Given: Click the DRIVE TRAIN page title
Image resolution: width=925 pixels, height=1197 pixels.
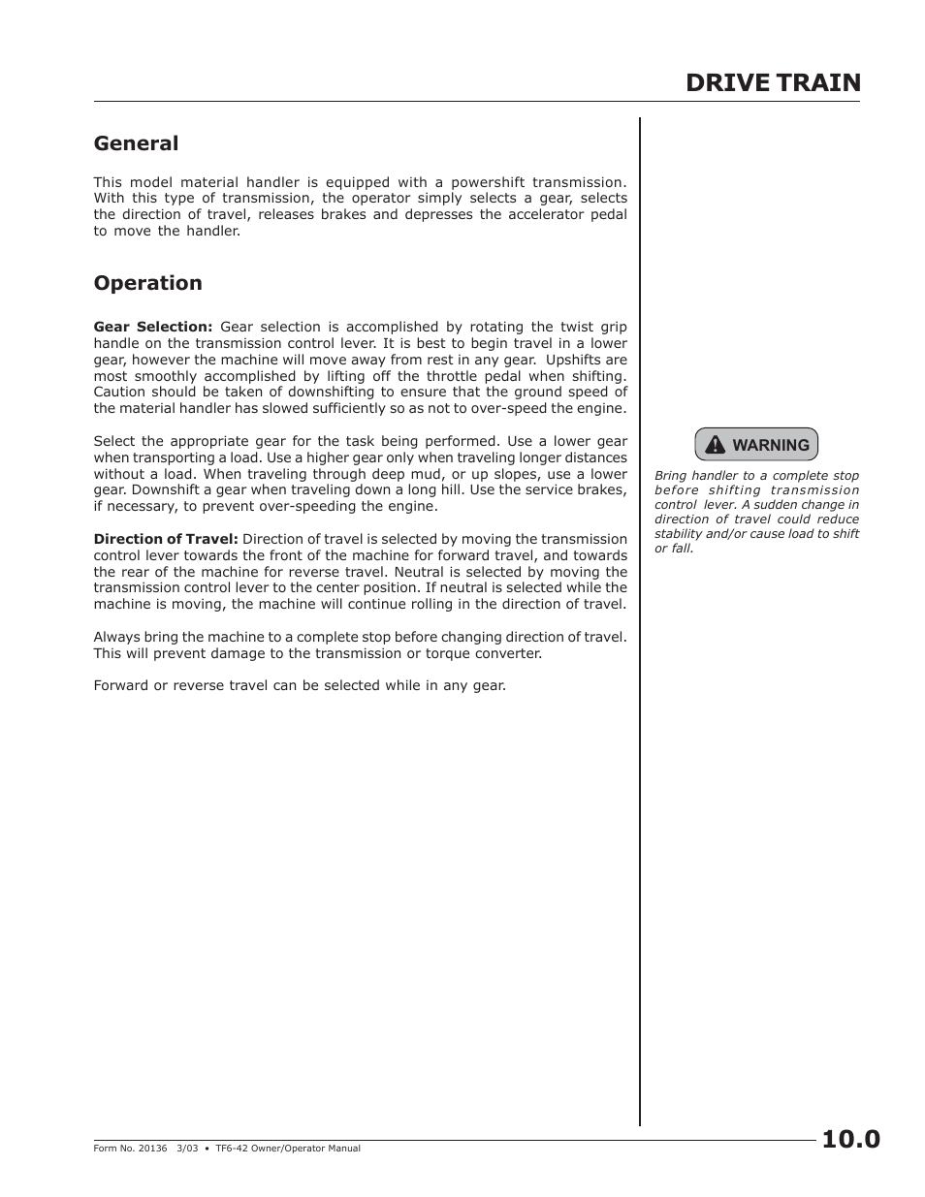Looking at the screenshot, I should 772,83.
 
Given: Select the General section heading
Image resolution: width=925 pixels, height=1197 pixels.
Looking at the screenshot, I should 136,143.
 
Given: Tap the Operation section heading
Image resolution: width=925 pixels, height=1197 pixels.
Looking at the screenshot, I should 147,283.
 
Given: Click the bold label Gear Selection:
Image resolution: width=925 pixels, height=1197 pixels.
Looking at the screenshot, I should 152,327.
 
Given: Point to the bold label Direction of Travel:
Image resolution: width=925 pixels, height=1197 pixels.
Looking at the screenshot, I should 165,539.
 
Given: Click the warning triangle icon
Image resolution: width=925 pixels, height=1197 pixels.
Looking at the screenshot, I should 715,445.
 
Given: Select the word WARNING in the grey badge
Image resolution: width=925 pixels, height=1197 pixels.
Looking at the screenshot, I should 770,446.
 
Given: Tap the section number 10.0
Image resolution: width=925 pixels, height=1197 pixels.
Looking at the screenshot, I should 850,1139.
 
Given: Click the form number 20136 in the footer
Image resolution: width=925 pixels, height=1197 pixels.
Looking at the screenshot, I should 153,1149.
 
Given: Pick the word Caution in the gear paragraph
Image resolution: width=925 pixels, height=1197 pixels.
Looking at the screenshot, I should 119,393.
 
